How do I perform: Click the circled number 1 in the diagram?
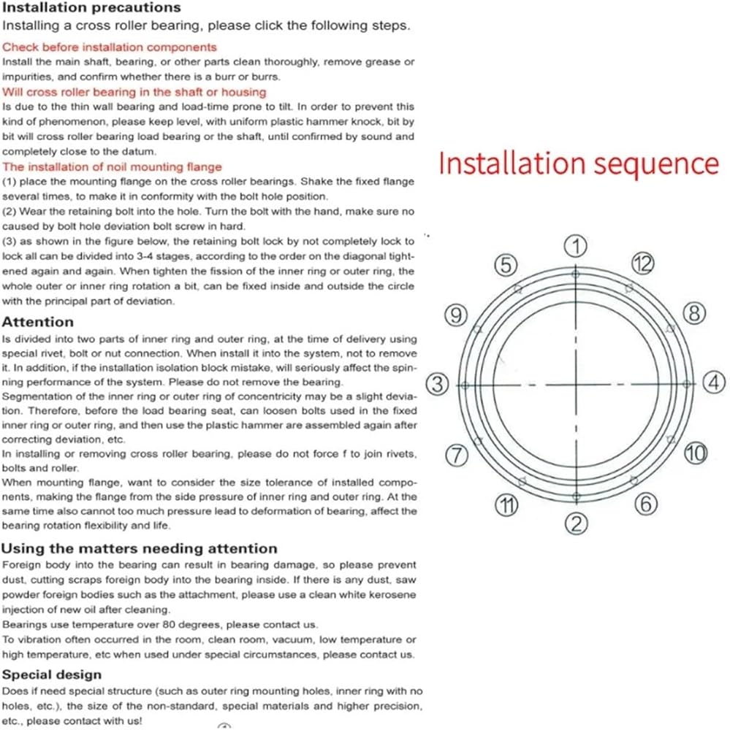577,246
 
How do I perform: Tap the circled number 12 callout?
642,264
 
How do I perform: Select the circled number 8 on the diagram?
694,315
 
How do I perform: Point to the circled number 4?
714,383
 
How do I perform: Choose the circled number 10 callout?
696,453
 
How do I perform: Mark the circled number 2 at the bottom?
577,523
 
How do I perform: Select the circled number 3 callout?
437,384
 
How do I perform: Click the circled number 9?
456,315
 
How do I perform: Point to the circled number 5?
506,265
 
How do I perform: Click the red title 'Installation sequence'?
578,163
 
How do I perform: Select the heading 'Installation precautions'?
91,8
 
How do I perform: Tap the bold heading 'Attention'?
38,322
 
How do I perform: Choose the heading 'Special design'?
52,675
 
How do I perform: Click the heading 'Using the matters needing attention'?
140,548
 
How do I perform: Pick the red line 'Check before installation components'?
110,47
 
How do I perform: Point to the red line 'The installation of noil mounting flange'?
112,167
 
